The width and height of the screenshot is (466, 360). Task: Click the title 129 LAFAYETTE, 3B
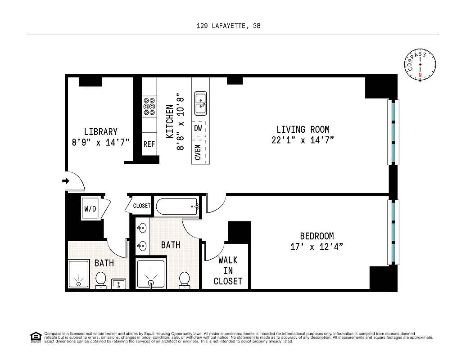point(228,26)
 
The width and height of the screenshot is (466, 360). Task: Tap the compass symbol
point(421,65)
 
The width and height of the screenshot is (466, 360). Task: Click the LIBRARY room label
point(101,132)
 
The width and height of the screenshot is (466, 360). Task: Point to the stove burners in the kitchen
point(149,107)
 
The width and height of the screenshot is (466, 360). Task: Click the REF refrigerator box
point(149,144)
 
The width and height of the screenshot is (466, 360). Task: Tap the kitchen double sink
point(200,103)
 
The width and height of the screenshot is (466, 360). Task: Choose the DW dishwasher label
point(198,128)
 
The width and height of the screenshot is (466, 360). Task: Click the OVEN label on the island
point(198,152)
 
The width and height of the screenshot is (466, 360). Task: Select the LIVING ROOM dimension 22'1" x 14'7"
point(303,140)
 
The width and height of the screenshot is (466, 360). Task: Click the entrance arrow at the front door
point(65,181)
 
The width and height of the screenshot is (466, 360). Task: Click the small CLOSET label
point(142,206)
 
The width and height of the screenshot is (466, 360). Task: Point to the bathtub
point(177,207)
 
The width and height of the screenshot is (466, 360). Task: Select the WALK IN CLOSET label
point(227,270)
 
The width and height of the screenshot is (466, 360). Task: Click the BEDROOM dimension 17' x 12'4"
point(317,247)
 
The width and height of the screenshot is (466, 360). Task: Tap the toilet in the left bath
point(100,279)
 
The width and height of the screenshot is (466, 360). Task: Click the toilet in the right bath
point(184,279)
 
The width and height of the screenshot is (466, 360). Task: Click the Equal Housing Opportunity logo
point(35,337)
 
